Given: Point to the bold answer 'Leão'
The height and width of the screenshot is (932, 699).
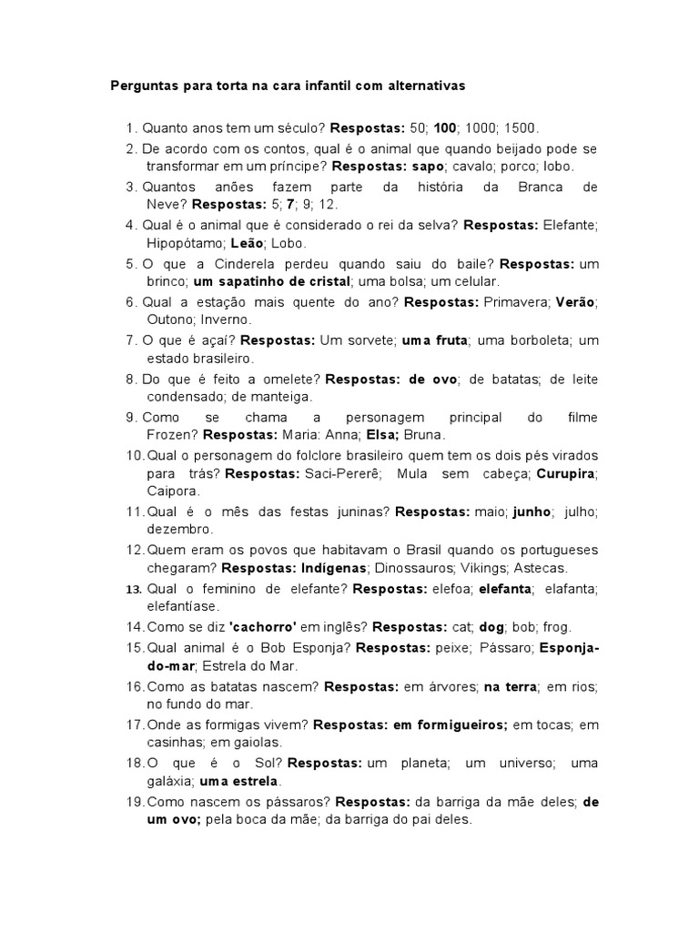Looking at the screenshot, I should (247, 243).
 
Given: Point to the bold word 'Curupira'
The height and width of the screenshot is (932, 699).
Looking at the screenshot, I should (566, 473).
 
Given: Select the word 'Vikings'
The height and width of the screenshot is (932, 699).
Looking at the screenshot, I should (480, 568).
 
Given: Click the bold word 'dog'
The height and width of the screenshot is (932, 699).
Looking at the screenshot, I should (491, 627).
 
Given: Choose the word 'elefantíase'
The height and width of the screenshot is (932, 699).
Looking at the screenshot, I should (182, 606).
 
